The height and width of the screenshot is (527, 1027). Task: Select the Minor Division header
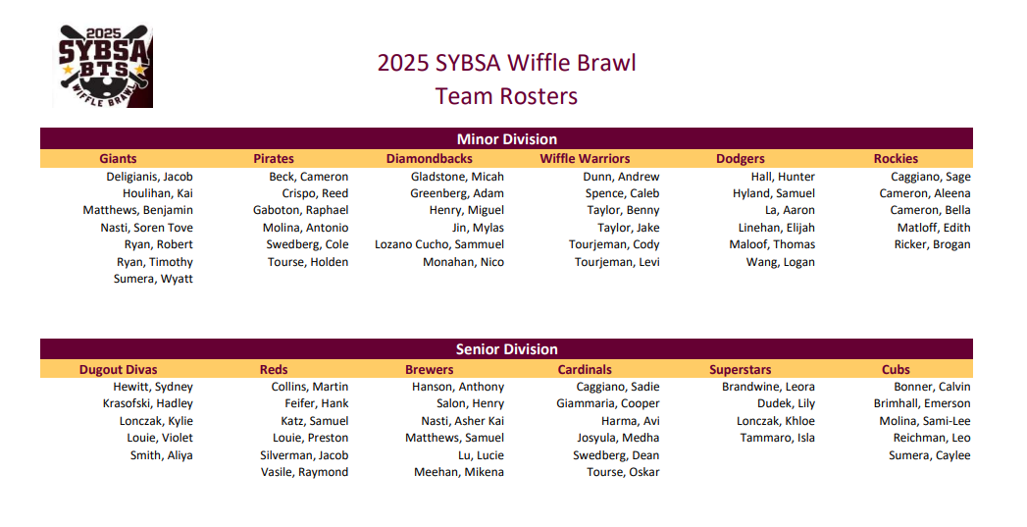point(506,139)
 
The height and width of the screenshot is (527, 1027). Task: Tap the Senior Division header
point(506,349)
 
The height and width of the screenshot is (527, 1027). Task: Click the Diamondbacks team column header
point(429,159)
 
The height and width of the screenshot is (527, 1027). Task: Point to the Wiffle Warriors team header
point(585,159)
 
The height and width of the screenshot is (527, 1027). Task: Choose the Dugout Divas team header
point(118,370)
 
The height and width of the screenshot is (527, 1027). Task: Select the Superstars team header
point(741,370)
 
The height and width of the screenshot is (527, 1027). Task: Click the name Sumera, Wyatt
point(153,279)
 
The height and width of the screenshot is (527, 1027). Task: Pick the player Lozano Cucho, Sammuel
point(439,244)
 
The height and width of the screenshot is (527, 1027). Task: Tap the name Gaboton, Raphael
point(300,210)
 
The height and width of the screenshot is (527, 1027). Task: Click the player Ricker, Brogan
point(932,244)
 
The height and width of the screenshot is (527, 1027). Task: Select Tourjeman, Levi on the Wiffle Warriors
point(617,262)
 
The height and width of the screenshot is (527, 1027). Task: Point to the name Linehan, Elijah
point(776,228)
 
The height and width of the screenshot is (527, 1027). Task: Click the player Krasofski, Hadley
point(147,403)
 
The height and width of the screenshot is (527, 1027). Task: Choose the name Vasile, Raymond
point(304,472)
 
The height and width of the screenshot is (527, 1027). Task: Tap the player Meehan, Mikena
point(459,472)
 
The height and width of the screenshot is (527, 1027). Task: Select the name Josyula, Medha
point(618,438)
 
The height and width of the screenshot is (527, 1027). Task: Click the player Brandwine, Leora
point(768,387)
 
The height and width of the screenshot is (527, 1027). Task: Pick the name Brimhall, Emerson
point(922,403)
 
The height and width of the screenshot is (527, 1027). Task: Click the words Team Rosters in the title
point(506,96)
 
